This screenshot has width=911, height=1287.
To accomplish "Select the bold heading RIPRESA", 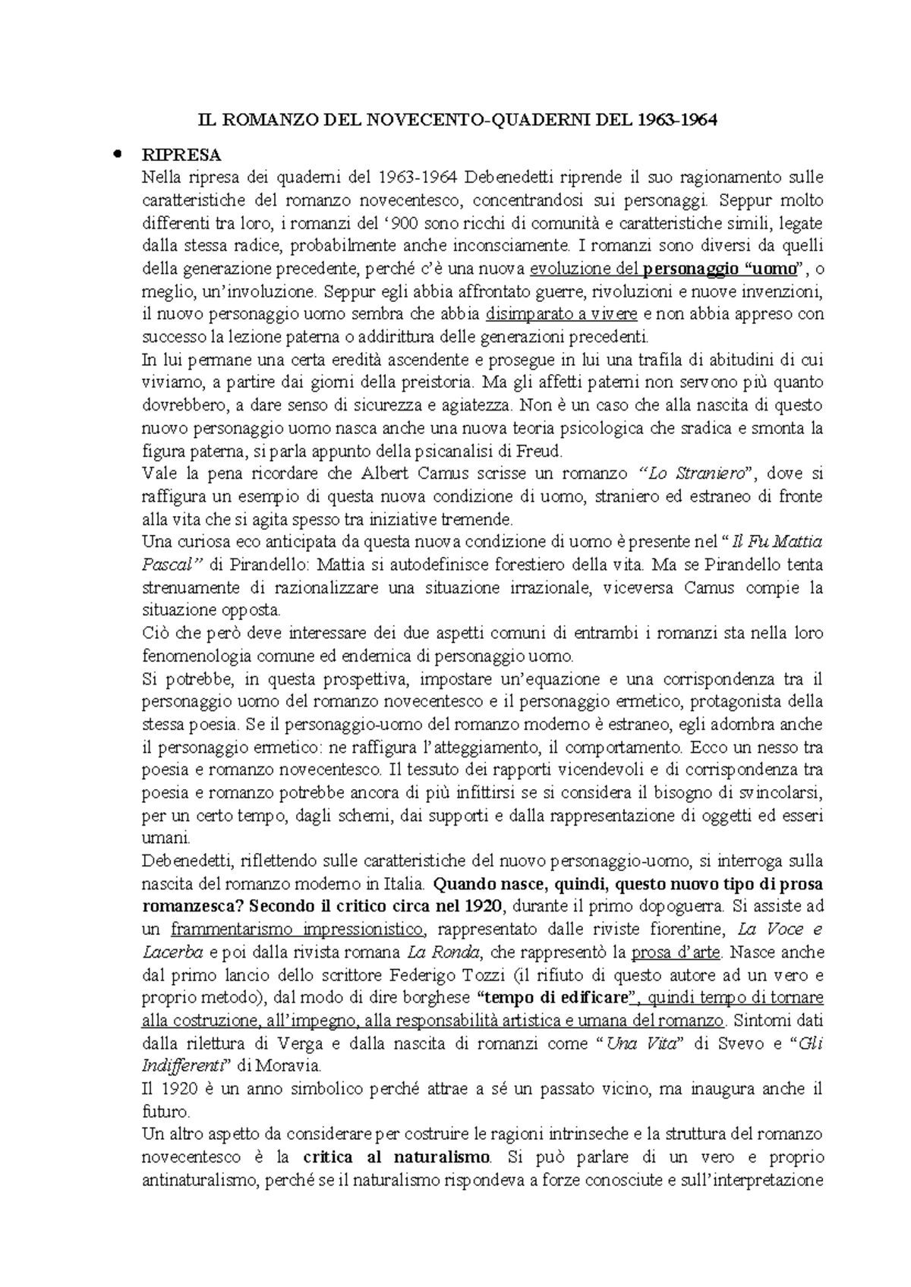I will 182,155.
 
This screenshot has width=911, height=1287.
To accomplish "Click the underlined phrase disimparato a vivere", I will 562,314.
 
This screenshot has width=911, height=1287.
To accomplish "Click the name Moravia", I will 290,1066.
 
